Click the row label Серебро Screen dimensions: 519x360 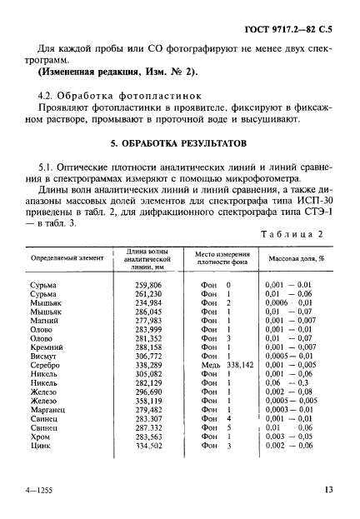(x=45, y=365)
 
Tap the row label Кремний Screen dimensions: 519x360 (x=46, y=347)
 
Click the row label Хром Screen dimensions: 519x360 (x=40, y=437)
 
